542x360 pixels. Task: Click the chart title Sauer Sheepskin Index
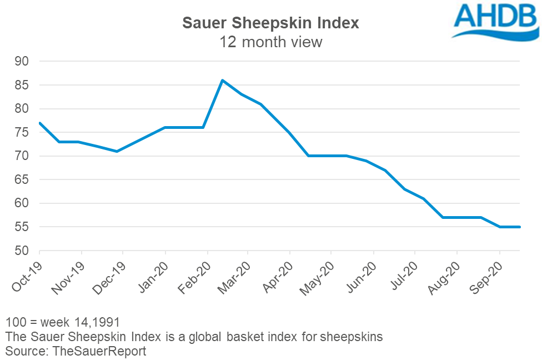pos(271,23)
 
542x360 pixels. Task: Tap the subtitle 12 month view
pos(271,42)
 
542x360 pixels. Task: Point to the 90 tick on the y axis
pos(24,62)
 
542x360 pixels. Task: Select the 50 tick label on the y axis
pos(24,251)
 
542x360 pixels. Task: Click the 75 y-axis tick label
pos(24,133)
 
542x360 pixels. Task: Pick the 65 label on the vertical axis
pos(24,180)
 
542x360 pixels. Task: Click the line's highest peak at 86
pos(222,80)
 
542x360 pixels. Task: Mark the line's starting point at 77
pos(40,123)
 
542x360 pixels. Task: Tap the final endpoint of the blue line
pos(519,227)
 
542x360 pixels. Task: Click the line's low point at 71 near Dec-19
pos(117,151)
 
